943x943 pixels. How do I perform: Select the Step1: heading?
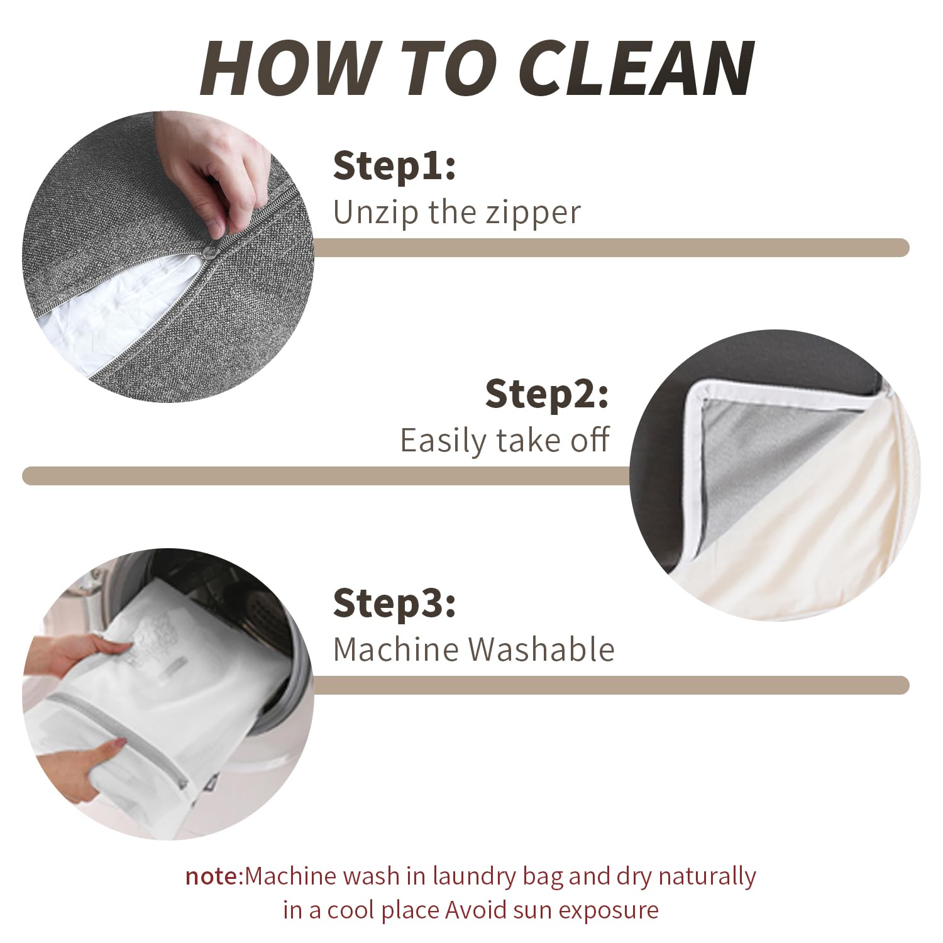(394, 167)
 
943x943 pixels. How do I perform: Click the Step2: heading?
(547, 394)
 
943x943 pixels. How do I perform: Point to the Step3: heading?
(394, 604)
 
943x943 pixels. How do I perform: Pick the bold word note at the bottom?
(212, 876)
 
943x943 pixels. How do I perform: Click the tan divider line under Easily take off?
(326, 476)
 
